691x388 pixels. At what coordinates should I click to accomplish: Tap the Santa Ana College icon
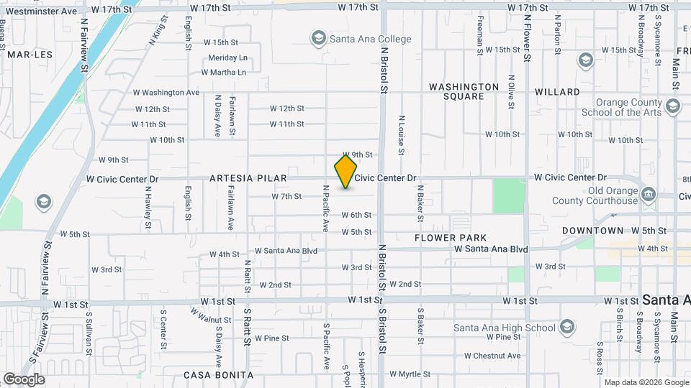[x=318, y=38]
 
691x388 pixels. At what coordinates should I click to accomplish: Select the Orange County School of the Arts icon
[x=673, y=107]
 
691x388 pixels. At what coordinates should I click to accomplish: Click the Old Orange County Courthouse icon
[x=648, y=194]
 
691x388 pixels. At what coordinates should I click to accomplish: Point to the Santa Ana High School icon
[x=567, y=328]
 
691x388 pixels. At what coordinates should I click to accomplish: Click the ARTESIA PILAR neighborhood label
[x=248, y=177]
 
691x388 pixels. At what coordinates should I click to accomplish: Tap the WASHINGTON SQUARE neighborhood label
[x=464, y=91]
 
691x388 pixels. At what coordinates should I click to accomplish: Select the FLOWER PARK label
[x=451, y=237]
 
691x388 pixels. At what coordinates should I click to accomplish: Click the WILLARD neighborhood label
[x=557, y=92]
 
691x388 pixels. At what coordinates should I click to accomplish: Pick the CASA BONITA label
[x=218, y=375]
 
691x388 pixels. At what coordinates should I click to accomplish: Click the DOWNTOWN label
[x=592, y=231]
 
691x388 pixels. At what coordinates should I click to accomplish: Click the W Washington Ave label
[x=166, y=93]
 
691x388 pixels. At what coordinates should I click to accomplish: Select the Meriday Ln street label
[x=227, y=57]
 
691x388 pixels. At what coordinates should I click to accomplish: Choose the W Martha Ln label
[x=223, y=73]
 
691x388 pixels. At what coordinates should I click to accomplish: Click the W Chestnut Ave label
[x=492, y=356]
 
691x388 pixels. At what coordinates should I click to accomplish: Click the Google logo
[x=24, y=379]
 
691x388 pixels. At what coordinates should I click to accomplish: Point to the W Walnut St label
[x=210, y=316]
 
